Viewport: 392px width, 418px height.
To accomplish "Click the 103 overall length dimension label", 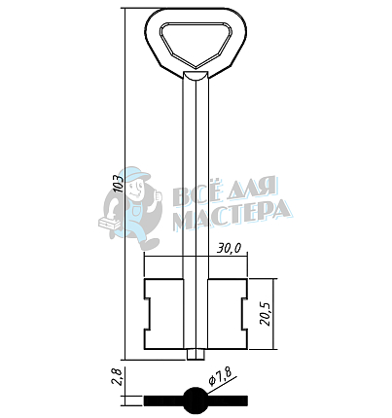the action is point(120,184).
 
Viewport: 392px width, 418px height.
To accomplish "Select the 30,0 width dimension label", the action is point(230,248).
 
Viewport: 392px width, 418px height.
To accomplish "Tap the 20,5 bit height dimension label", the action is point(267,315).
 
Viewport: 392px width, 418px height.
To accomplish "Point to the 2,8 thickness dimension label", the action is point(117,377).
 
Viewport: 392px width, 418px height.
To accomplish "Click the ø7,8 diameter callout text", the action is point(221,377).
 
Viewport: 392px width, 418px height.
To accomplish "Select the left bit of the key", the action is point(163,314).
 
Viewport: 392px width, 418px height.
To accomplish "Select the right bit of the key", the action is point(228,314).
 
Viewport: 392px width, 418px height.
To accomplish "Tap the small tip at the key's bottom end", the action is point(196,355).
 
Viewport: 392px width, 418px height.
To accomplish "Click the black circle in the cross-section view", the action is point(196,401).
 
